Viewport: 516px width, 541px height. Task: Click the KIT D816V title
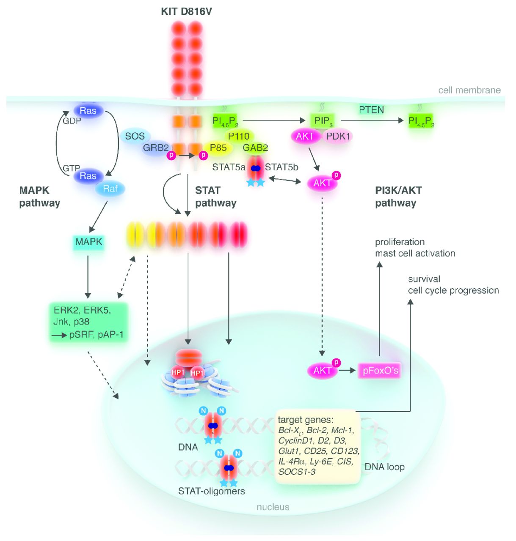point(187,11)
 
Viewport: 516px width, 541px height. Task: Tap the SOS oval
point(135,136)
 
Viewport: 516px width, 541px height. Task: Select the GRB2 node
point(155,148)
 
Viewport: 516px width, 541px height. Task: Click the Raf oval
point(110,189)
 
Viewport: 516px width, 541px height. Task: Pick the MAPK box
point(88,242)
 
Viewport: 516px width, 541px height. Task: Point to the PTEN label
point(371,110)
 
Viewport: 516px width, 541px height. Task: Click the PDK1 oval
point(338,136)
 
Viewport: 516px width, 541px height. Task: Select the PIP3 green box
point(323,121)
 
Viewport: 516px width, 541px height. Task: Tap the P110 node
point(239,136)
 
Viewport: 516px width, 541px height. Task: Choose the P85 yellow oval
point(218,148)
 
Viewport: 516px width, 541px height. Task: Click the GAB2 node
point(255,148)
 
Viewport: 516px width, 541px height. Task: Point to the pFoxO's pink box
point(380,371)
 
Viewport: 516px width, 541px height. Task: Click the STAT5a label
point(229,167)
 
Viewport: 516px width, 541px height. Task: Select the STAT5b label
point(281,167)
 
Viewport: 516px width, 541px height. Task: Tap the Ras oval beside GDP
point(88,111)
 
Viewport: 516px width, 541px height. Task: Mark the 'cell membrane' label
point(469,90)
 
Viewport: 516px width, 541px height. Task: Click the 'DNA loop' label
point(384,467)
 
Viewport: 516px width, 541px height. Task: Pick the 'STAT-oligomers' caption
point(211,491)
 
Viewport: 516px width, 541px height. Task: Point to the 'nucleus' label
point(273,507)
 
